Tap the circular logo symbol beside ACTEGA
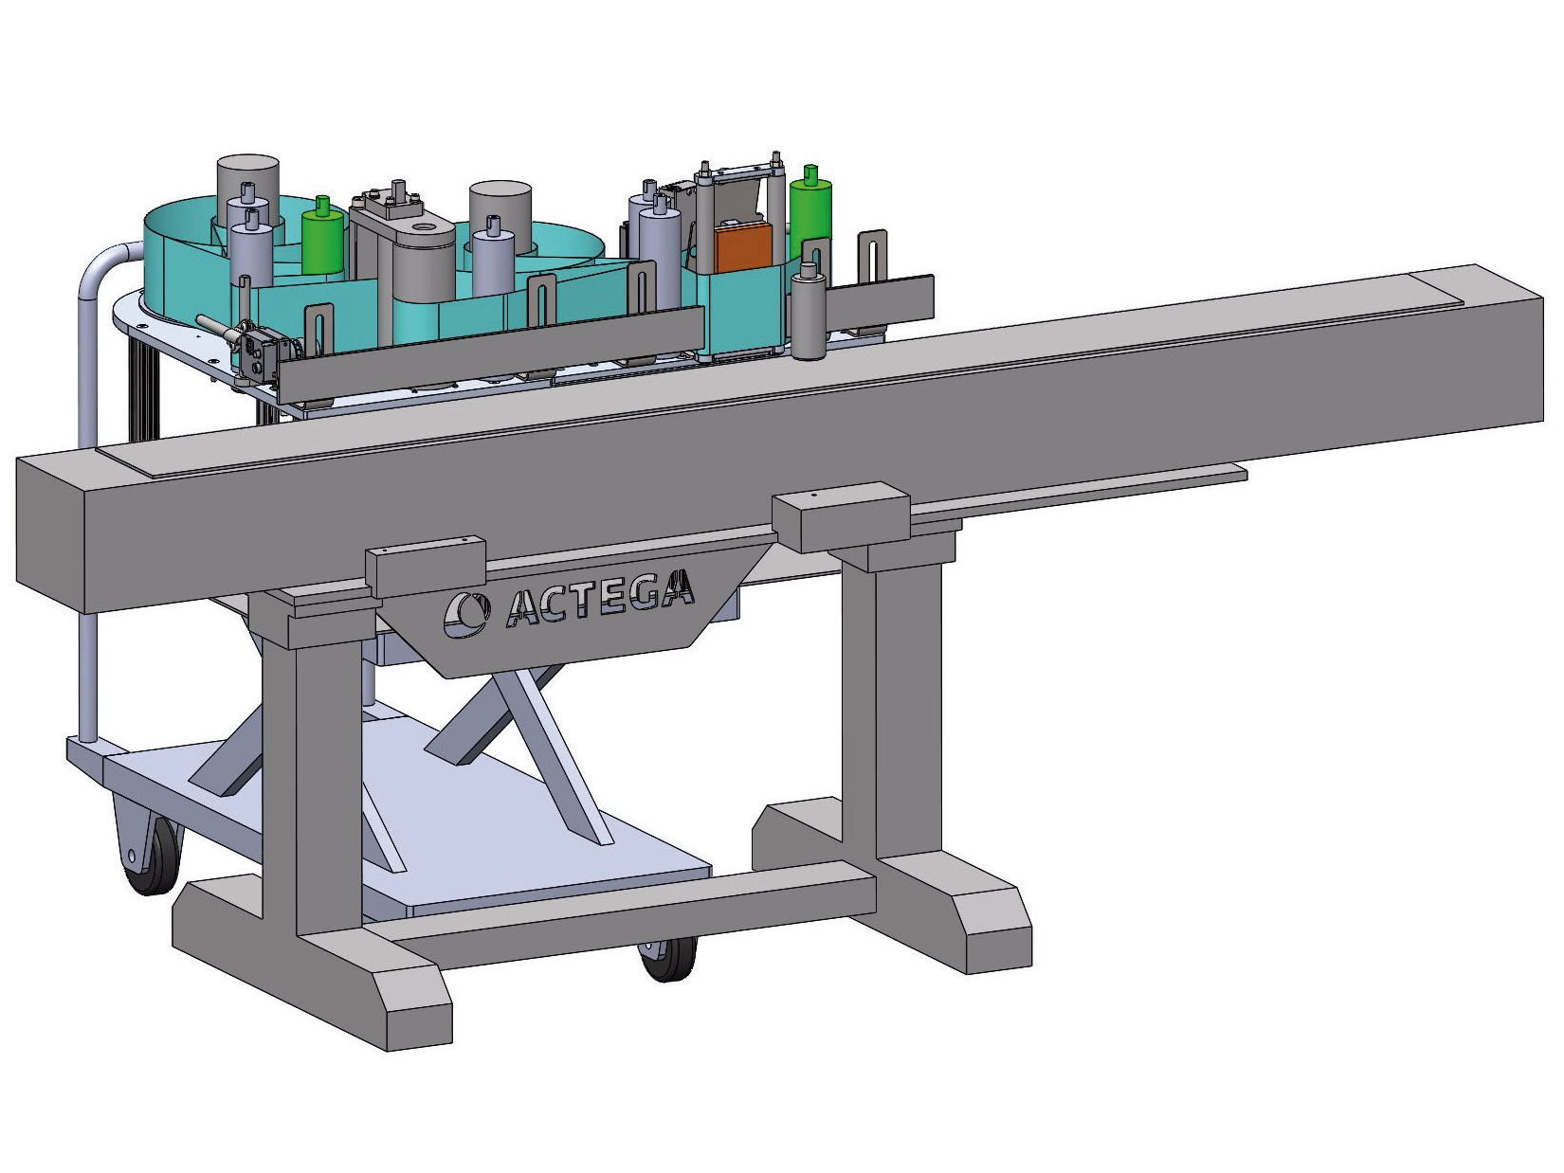click(466, 613)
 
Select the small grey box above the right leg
click(842, 517)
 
